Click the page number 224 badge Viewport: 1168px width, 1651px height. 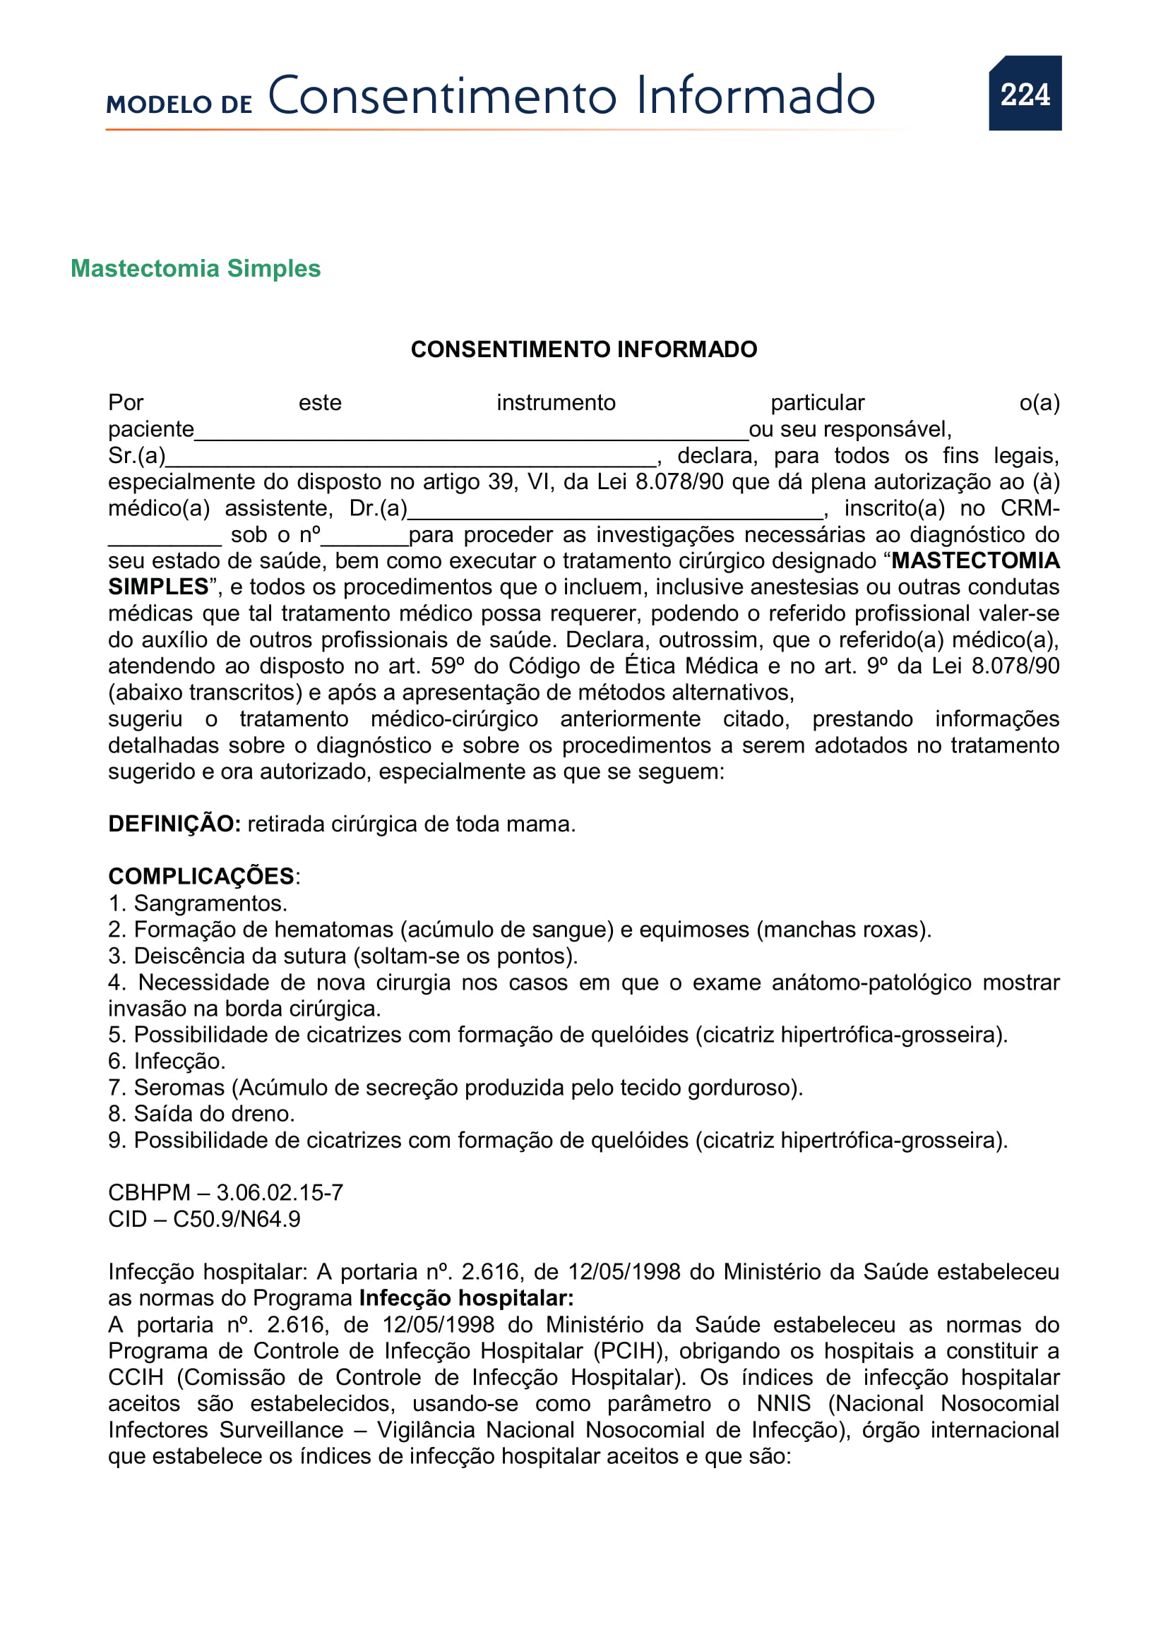tap(1024, 93)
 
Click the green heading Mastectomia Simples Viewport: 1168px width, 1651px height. tap(196, 268)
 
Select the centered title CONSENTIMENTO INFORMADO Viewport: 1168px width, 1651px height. tap(583, 349)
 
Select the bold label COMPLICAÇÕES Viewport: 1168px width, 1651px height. tap(201, 877)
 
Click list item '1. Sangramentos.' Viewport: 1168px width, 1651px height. tap(198, 903)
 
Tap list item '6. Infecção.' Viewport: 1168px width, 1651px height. tap(167, 1062)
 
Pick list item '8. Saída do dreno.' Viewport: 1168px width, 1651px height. tap(201, 1114)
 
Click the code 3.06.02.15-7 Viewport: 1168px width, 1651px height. tap(280, 1193)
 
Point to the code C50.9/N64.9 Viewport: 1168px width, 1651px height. tap(237, 1220)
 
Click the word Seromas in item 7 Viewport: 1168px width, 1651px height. tap(179, 1088)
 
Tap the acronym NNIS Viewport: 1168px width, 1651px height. tap(783, 1404)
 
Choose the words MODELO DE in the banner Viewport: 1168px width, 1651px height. tap(179, 104)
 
